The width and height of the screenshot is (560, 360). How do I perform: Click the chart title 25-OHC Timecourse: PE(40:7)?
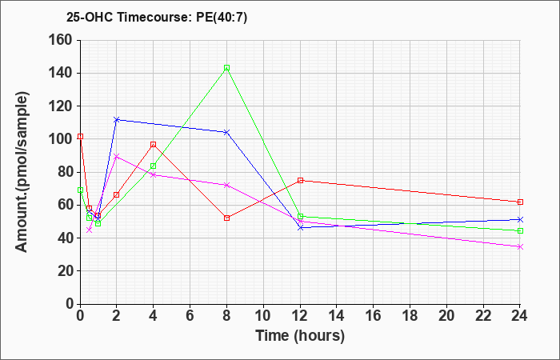pos(157,18)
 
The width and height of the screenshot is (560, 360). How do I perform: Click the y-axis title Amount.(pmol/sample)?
pos(22,172)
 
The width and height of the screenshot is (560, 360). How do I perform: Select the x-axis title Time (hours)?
pos(300,336)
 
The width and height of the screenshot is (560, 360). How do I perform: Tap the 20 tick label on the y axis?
pos(65,271)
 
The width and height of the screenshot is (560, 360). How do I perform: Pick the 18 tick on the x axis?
pos(410,316)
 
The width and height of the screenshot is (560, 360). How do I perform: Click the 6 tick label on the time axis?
pos(190,316)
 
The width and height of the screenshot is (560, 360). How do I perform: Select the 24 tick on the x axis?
pos(520,316)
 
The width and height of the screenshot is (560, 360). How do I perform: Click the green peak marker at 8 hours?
pos(226,67)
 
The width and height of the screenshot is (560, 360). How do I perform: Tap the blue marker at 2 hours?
pos(117,120)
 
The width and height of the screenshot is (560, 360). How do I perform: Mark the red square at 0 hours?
pos(80,137)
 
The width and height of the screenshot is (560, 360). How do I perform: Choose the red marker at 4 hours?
pos(154,144)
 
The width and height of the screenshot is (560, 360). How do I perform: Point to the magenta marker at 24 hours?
pos(520,246)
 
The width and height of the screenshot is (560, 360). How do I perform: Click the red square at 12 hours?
pos(300,180)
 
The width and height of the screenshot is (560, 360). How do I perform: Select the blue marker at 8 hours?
pos(226,132)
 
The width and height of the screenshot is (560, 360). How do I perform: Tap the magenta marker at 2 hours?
pos(117,157)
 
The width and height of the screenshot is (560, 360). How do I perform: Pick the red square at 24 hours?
pos(520,202)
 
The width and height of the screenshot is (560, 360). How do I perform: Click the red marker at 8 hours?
pos(226,218)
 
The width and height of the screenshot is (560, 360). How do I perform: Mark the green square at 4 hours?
pos(154,166)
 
